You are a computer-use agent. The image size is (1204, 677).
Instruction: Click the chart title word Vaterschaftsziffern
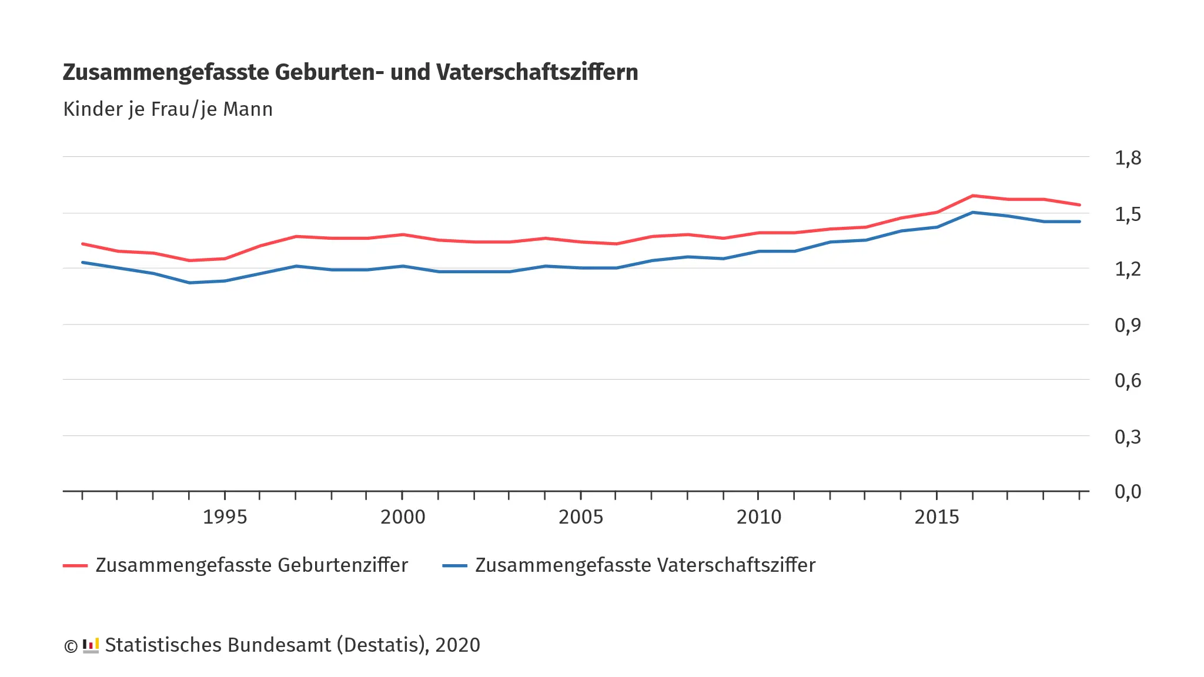[537, 72]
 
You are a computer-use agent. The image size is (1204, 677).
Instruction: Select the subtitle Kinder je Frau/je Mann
[168, 109]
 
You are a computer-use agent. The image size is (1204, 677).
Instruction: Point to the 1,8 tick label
[1128, 157]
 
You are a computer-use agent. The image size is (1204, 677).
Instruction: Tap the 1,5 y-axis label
[1128, 215]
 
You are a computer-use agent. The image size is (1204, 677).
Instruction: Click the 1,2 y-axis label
[1128, 269]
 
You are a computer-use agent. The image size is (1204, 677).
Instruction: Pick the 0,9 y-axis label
[1128, 325]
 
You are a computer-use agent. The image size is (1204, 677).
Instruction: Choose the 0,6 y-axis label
[1128, 381]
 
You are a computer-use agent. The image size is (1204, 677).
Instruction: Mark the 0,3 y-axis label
[1128, 437]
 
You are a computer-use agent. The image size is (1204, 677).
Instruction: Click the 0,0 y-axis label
[1128, 491]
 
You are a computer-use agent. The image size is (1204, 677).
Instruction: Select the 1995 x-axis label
[225, 517]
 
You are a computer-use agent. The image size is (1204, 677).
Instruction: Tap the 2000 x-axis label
[403, 517]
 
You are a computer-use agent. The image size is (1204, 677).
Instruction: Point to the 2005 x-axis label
[581, 517]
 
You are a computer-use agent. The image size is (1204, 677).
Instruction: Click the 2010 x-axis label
[759, 517]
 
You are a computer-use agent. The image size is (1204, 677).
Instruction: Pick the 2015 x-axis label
[937, 517]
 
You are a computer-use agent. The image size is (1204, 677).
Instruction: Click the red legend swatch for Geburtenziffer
[75, 565]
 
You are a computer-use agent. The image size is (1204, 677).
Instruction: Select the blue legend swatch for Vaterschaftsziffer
[454, 565]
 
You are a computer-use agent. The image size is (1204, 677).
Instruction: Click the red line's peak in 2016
[972, 196]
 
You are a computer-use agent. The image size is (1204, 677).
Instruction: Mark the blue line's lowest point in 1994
[189, 283]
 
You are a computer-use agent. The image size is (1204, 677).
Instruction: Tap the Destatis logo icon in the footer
[91, 645]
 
